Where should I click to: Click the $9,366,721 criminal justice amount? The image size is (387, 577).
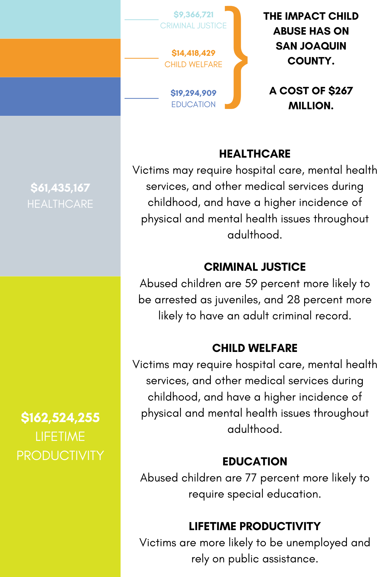tap(193, 15)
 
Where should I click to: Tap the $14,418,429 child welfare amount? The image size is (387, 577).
tap(193, 53)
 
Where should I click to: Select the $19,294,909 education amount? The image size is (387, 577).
tap(193, 93)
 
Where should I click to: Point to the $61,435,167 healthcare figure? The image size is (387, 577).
tap(60, 188)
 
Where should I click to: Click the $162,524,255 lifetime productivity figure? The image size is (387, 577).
tap(60, 417)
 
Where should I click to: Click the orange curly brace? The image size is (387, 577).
tap(236, 57)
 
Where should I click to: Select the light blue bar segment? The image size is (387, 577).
tap(60, 19)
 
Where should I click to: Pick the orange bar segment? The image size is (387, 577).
tap(60, 58)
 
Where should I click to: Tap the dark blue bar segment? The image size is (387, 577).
tap(60, 96)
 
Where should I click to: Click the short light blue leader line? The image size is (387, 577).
tap(141, 20)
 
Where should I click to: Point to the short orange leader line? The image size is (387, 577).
tap(141, 58)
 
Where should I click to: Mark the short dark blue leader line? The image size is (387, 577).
tap(141, 98)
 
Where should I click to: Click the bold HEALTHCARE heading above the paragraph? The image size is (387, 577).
tap(255, 154)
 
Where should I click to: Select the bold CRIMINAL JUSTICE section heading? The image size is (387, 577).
tap(255, 267)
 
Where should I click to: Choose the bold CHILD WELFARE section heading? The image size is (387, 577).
tap(255, 348)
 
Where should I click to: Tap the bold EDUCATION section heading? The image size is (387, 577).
tap(255, 461)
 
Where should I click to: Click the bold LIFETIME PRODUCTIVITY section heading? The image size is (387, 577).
tap(255, 526)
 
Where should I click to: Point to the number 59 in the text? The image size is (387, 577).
tap(251, 283)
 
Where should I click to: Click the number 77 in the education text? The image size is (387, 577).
tap(251, 478)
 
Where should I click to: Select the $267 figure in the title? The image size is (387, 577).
tap(341, 91)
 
